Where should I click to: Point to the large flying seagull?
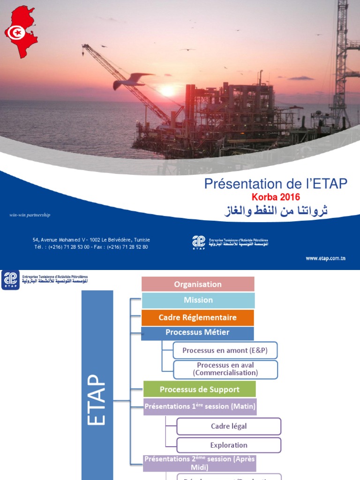pos(133,81)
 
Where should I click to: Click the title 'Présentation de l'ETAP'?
pos(276,184)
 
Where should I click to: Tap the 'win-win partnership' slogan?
pos(30,215)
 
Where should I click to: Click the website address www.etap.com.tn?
pos(326,258)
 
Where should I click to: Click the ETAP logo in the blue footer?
pos(199,242)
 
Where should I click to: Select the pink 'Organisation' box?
pos(198,284)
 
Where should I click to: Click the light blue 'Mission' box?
pos(198,300)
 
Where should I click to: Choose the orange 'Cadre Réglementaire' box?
pos(198,317)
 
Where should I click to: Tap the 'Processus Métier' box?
pos(198,333)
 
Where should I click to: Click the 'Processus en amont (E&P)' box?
pos(225,350)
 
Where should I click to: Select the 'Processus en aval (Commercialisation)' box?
pos(225,369)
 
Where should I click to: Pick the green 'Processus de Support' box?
pos(199,389)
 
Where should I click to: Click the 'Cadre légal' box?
pos(229,427)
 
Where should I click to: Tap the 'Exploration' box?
pos(229,445)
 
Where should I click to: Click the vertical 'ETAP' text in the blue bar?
pos(97,398)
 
